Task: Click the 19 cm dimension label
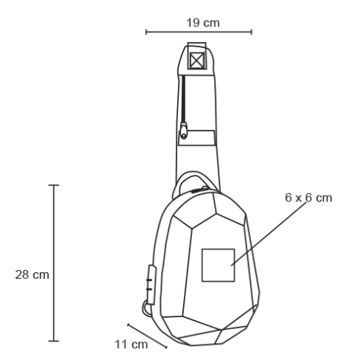coord(203,23)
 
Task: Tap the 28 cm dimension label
coord(32,274)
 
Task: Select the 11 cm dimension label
coord(131,345)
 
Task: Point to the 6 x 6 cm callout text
coord(309,198)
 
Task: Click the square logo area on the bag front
coord(219,265)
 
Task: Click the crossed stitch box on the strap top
coord(197,60)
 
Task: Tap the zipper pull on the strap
coord(184,131)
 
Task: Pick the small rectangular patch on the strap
coord(197,138)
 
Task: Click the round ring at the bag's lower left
coord(145,309)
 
